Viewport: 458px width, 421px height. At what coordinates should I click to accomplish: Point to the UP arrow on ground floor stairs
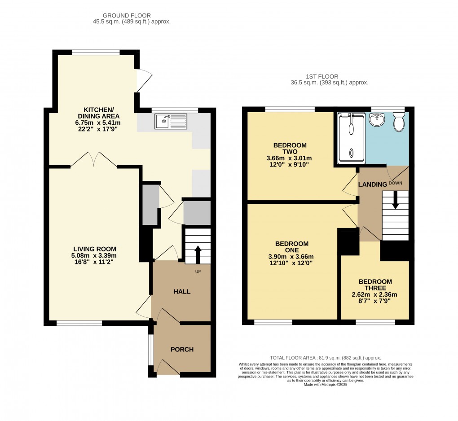pos(198,254)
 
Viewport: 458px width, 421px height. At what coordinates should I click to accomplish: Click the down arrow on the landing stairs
pos(395,200)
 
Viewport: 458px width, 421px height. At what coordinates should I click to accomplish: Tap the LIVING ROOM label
pos(95,249)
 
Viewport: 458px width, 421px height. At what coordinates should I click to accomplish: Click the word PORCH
pos(182,349)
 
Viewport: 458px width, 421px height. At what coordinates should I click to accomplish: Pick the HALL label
pos(182,291)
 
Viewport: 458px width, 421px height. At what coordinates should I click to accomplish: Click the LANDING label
pos(372,184)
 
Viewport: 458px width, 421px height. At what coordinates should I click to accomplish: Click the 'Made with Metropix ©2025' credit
pos(326,384)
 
